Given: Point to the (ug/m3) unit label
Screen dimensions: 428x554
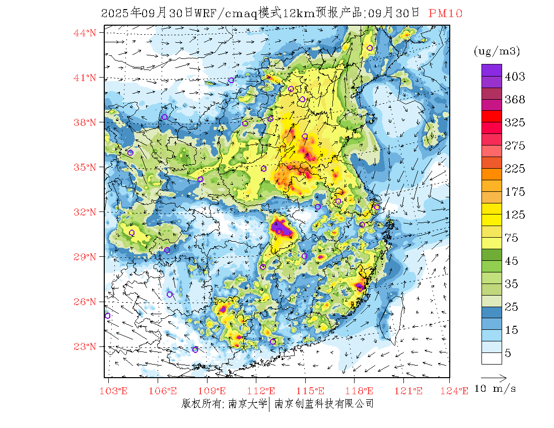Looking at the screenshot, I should [497, 51].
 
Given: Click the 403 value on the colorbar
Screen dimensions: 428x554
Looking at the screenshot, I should [515, 77].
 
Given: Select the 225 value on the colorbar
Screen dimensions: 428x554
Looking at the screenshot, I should [515, 169].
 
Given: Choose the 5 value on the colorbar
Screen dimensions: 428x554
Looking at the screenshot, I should [508, 353].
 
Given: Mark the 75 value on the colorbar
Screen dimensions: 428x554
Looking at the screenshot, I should [512, 238].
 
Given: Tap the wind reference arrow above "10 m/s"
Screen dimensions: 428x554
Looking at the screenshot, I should [493, 377].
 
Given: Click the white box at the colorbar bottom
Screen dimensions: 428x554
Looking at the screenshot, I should [492, 358].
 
